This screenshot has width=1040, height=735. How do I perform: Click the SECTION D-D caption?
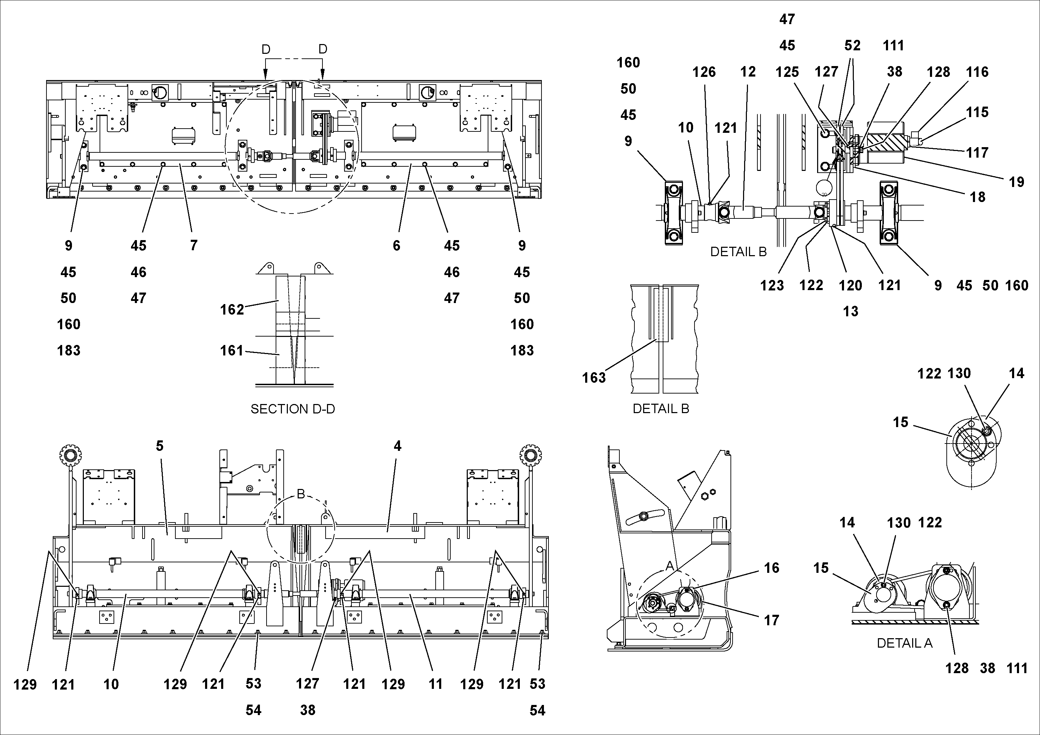pyautogui.click(x=293, y=409)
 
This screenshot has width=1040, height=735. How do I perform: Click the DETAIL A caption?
pyautogui.click(x=904, y=643)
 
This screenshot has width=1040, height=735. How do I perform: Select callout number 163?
pyautogui.click(x=594, y=377)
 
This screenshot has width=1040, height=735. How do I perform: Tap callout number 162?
pyautogui.click(x=232, y=310)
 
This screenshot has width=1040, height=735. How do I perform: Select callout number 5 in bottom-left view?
pyautogui.click(x=159, y=446)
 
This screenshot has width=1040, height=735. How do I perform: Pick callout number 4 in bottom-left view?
pyautogui.click(x=397, y=446)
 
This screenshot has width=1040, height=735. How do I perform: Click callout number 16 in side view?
pyautogui.click(x=771, y=568)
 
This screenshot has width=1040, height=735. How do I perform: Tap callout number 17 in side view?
pyautogui.click(x=771, y=620)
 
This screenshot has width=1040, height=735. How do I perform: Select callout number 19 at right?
pyautogui.click(x=1017, y=182)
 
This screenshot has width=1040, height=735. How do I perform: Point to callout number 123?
pyautogui.click(x=772, y=285)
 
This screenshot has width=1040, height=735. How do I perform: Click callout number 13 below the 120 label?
pyautogui.click(x=850, y=311)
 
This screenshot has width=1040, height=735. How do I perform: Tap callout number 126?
pyautogui.click(x=704, y=72)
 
